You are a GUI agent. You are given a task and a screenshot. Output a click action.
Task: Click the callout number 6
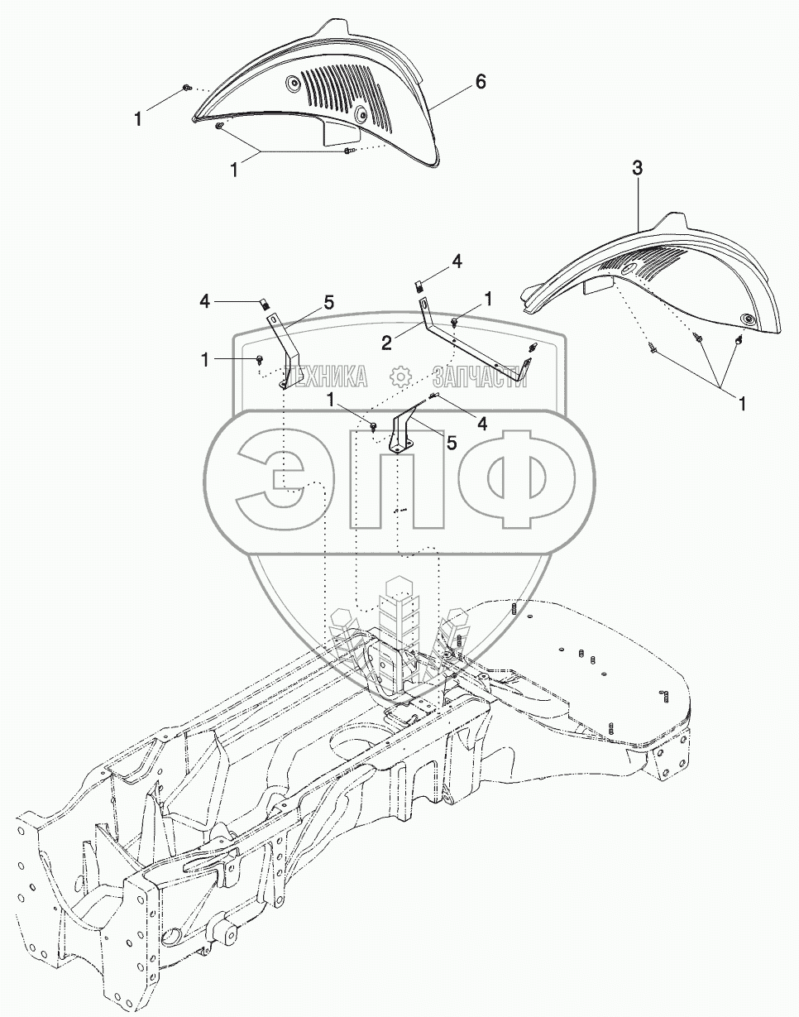point(481,82)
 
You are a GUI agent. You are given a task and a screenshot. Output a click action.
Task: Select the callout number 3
point(637,168)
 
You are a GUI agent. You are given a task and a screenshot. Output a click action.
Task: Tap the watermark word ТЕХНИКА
point(325,377)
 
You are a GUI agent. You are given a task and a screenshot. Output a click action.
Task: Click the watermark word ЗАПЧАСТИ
point(475,377)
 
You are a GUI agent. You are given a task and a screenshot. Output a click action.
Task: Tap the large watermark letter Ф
point(516,479)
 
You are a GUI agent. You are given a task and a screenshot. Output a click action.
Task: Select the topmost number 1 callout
point(138,119)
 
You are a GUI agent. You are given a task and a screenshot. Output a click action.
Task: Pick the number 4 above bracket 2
point(457,261)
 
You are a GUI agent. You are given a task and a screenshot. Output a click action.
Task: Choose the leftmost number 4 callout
point(204,300)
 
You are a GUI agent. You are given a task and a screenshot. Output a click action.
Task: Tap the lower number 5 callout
point(451,443)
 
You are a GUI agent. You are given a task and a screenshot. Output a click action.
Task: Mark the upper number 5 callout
point(329,303)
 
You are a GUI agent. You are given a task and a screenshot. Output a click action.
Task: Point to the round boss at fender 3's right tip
point(748,320)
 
